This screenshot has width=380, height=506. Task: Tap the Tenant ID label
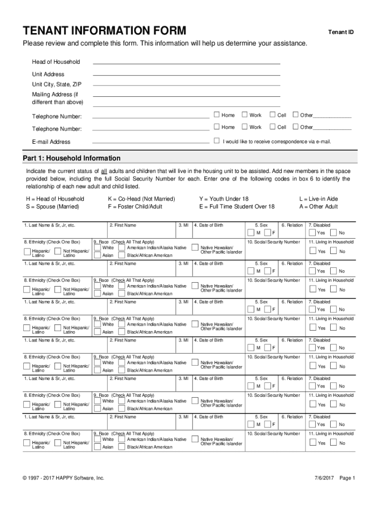point(341,32)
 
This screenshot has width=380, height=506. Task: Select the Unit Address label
point(48,74)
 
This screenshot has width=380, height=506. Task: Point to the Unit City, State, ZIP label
point(57,84)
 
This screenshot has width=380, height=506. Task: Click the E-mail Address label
point(51,142)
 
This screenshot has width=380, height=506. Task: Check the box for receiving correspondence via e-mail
point(216,141)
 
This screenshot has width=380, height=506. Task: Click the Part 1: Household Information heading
point(72,158)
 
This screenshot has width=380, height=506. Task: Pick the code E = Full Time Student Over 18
point(237,207)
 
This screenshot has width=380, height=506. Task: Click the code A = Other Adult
point(318,207)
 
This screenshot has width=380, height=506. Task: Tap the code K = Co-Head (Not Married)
point(141,199)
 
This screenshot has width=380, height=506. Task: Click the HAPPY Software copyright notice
point(64,478)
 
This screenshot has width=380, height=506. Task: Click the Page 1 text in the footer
point(347,478)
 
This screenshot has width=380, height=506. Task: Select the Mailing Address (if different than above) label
point(58,98)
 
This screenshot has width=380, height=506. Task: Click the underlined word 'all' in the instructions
point(104,171)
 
